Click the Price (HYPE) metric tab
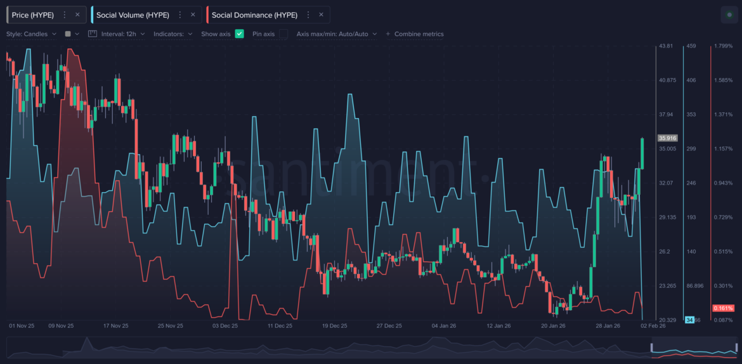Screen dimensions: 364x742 coord(33,15)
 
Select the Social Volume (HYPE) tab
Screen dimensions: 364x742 coord(133,15)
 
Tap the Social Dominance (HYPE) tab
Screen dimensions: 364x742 coord(254,15)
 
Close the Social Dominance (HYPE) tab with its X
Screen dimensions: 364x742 coord(321,15)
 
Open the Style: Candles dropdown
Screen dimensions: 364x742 coord(31,34)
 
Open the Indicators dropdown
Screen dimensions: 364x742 coord(172,34)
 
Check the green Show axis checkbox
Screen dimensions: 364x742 coord(239,34)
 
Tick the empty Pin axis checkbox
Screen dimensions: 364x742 coord(283,34)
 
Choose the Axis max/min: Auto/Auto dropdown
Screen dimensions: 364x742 coord(336,34)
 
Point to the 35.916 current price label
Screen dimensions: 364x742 coord(668,138)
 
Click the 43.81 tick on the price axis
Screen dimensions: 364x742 coord(666,46)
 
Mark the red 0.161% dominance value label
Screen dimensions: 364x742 coord(723,308)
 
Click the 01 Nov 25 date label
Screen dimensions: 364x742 coord(22,325)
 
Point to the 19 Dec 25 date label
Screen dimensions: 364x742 coord(334,325)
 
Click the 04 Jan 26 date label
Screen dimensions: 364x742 coord(444,325)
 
